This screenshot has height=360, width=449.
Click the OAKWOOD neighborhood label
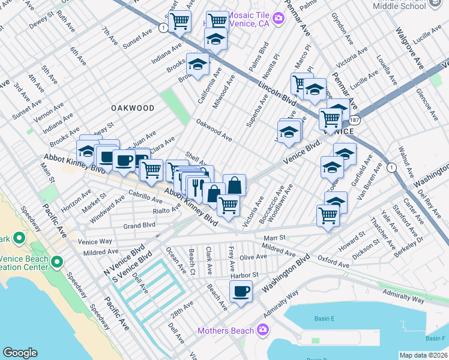[x=133, y=108]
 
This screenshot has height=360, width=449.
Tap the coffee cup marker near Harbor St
[x=241, y=292]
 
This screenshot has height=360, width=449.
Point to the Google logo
[x=20, y=353]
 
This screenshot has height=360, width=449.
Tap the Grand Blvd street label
[x=139, y=226]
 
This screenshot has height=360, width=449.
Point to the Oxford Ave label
[x=333, y=262]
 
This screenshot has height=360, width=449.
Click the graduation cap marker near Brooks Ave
[x=197, y=64]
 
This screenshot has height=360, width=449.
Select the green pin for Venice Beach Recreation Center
[x=57, y=262]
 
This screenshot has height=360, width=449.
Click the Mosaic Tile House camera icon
[x=277, y=19]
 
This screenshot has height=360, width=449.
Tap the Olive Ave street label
[x=253, y=257]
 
